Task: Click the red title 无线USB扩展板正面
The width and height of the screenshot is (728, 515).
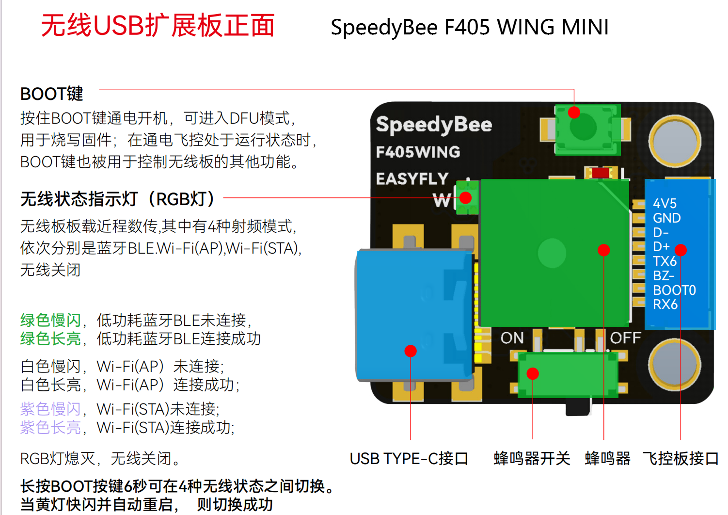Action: [x=158, y=25]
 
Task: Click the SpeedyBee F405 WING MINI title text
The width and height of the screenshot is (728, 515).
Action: [x=469, y=27]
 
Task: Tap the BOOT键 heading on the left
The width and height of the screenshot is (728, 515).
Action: [x=51, y=94]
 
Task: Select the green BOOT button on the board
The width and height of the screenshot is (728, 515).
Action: [x=587, y=129]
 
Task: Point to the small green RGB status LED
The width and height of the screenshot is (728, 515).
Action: [x=467, y=197]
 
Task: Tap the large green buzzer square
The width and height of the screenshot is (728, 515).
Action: [x=554, y=253]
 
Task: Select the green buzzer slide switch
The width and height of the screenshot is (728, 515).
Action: [x=568, y=375]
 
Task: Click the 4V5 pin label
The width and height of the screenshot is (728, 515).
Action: [x=665, y=203]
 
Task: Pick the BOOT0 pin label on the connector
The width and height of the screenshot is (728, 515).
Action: [x=674, y=290]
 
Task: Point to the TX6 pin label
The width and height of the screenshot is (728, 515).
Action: [x=665, y=261]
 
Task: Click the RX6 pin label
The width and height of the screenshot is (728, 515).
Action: [x=665, y=305]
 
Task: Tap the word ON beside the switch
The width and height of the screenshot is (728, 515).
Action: [x=512, y=338]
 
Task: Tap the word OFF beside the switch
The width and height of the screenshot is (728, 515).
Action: [x=625, y=338]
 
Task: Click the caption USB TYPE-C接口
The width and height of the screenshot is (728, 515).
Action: [x=409, y=459]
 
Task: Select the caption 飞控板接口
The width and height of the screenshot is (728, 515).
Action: [x=681, y=459]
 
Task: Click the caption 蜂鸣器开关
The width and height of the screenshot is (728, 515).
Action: [x=532, y=459]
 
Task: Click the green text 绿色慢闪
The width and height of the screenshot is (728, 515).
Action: [x=50, y=320]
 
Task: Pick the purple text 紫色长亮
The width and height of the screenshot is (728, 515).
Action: [x=50, y=428]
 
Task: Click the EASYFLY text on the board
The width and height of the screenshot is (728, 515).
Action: [x=412, y=179]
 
